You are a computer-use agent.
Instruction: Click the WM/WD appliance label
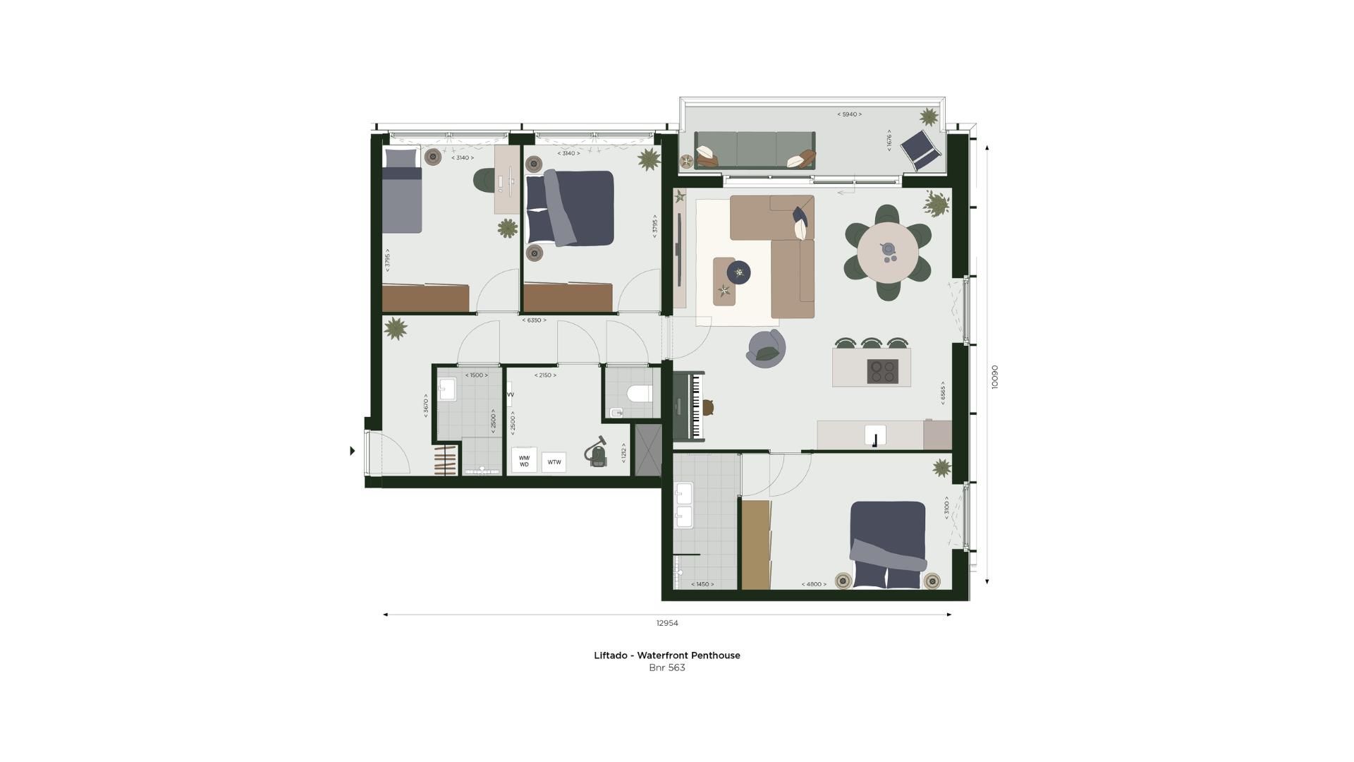tap(524, 461)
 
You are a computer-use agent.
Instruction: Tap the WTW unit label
tap(554, 462)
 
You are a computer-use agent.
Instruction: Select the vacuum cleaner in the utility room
tap(597, 452)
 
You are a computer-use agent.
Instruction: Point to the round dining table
tap(888, 253)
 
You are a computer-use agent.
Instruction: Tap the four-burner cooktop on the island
tap(882, 371)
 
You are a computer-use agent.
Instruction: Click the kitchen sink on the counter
tap(875, 435)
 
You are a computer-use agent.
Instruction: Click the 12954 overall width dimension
tap(666, 623)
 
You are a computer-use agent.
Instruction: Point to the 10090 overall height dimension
tap(995, 377)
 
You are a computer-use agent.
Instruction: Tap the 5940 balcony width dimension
tap(849, 114)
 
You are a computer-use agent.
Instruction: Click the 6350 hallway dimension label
tap(534, 320)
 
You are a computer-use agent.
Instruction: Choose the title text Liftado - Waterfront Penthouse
tap(666, 655)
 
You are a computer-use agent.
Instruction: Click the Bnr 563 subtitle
tap(666, 667)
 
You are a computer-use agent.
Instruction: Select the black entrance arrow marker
tap(353, 451)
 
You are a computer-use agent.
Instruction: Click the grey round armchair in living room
tap(767, 349)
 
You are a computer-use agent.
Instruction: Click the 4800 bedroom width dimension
tap(813, 584)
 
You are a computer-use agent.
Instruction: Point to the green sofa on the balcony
tap(755, 150)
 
